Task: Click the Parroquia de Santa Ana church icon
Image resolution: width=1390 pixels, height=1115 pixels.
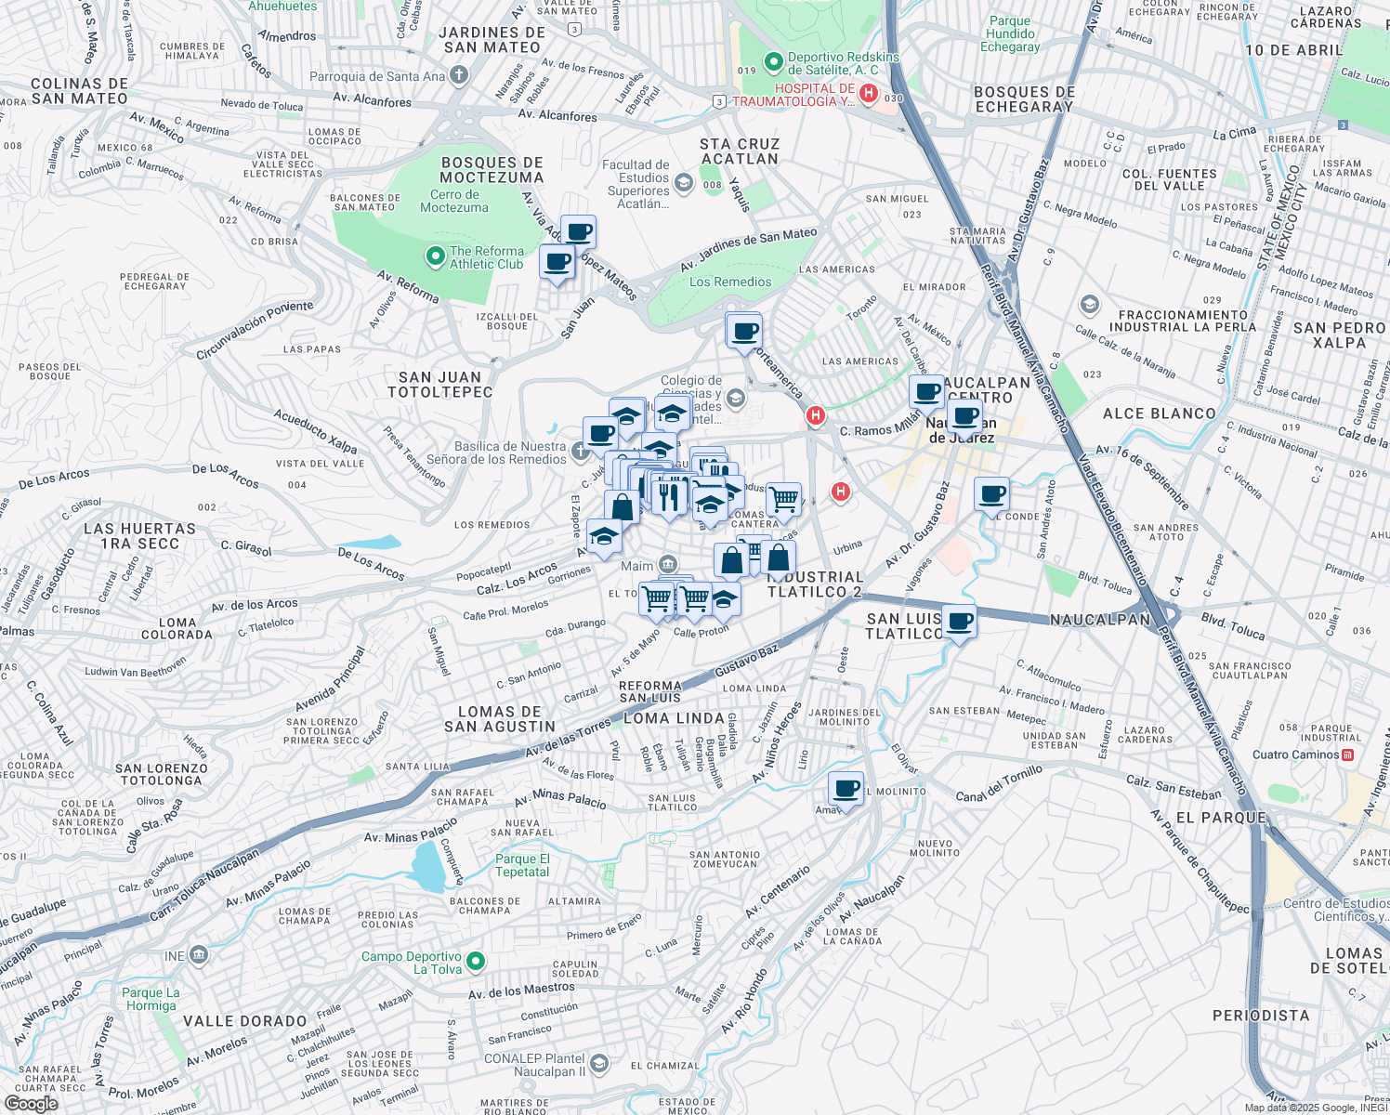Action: coord(458,75)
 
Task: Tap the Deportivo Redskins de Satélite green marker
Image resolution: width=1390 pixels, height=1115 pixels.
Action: coord(773,62)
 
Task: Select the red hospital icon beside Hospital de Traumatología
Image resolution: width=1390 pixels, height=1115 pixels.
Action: coord(869,93)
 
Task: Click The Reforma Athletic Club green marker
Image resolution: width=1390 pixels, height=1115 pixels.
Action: coord(435,256)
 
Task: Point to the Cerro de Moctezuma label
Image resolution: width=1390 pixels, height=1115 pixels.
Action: coord(454,201)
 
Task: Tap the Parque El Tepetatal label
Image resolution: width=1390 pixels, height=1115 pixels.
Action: coord(522,865)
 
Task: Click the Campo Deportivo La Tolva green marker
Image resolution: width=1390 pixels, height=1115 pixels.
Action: coord(476,961)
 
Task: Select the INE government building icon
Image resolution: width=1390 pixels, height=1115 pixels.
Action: coord(198,954)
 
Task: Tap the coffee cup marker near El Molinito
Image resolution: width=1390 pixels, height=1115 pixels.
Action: coord(846,789)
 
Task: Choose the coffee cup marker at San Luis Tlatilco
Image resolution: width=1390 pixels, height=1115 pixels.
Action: coord(959,621)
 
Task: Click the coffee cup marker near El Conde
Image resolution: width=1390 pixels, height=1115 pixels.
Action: coord(991,493)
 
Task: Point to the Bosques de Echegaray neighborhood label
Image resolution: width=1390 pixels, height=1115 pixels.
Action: coord(1024,99)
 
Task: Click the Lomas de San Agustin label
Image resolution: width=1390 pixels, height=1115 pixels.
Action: coord(500,719)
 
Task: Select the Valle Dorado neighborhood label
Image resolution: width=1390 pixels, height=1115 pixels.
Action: coord(244,1021)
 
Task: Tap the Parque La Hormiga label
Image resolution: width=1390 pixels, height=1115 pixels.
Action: coord(151,999)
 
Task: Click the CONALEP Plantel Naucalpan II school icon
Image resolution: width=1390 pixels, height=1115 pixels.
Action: coord(599,1064)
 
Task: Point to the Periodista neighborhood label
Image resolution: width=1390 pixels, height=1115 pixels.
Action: coord(1261,1016)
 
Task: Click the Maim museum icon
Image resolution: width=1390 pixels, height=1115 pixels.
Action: coord(667,565)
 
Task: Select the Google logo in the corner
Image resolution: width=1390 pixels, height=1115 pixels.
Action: coord(31,1104)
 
